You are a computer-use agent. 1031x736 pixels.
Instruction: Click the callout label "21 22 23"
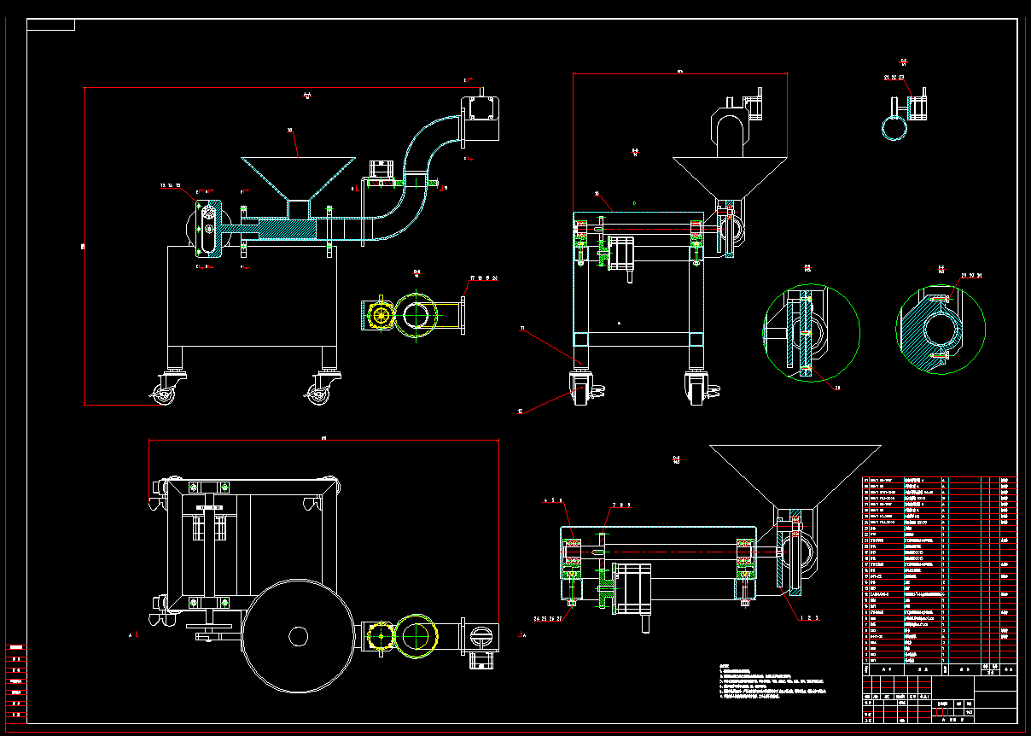coord(894,77)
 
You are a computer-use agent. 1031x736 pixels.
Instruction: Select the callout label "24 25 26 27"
coord(547,618)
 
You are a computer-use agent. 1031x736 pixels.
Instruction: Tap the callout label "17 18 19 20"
coord(483,278)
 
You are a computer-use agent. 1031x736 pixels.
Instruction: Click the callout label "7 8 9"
coord(618,505)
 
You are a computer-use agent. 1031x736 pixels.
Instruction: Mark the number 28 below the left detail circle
coord(837,388)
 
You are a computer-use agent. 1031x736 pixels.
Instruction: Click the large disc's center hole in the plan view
coord(298,636)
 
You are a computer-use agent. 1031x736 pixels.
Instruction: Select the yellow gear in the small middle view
coord(381,316)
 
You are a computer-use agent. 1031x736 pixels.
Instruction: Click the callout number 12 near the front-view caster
coord(519,412)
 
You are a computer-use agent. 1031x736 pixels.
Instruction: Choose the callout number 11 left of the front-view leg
coord(522,327)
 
